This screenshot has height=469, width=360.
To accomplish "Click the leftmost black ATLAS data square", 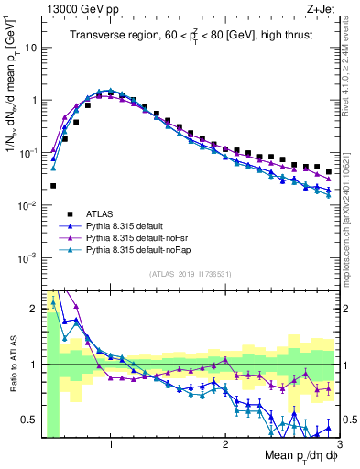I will (x=53, y=185).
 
